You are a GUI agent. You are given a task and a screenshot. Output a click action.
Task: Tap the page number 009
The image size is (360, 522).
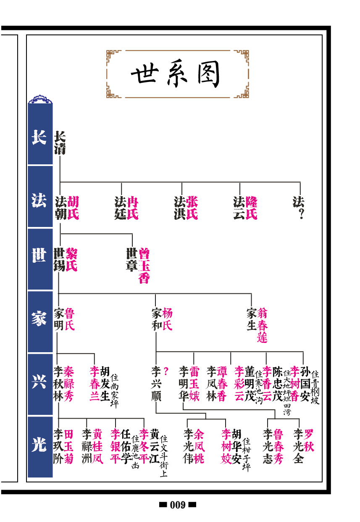point(178,505)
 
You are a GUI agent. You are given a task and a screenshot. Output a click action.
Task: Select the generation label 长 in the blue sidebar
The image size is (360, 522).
point(39,137)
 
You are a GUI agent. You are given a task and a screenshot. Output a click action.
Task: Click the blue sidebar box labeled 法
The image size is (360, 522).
point(39,200)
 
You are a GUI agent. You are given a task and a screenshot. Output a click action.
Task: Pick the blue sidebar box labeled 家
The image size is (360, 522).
point(39,320)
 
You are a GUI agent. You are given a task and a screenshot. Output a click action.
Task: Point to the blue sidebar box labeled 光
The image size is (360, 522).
point(39,446)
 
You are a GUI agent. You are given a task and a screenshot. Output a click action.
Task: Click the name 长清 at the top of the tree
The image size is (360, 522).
point(60,143)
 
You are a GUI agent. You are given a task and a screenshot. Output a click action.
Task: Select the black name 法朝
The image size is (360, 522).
point(60,208)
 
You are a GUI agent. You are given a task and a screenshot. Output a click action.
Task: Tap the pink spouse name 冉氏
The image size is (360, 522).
point(133,208)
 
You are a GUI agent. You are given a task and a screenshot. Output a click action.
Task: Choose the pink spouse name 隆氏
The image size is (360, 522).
point(252,208)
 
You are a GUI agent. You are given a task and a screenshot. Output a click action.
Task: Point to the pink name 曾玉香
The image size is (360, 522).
point(144,266)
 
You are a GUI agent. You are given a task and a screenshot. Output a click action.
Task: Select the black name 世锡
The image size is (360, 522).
point(59,260)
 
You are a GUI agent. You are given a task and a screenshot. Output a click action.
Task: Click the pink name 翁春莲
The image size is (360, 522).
point(263,325)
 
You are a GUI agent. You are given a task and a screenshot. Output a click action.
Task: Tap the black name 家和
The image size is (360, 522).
point(156,319)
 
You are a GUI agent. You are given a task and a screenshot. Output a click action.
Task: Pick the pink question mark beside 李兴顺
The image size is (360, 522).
point(166,372)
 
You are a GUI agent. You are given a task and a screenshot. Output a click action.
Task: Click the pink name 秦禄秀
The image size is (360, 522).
point(69,384)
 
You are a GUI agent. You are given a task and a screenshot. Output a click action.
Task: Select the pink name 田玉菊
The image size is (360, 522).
point(69,446)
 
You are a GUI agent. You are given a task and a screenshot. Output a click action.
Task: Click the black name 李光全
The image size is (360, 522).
point(298,446)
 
